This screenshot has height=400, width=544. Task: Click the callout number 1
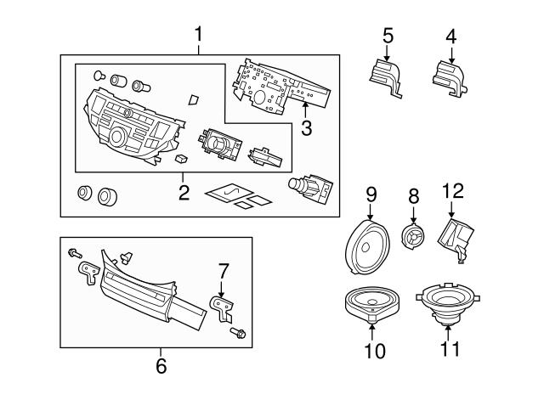click(x=199, y=35)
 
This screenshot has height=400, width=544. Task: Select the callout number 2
click(x=184, y=193)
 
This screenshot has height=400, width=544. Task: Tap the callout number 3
click(x=307, y=129)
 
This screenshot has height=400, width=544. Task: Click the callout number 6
click(x=161, y=366)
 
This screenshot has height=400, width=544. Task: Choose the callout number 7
click(x=224, y=272)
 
